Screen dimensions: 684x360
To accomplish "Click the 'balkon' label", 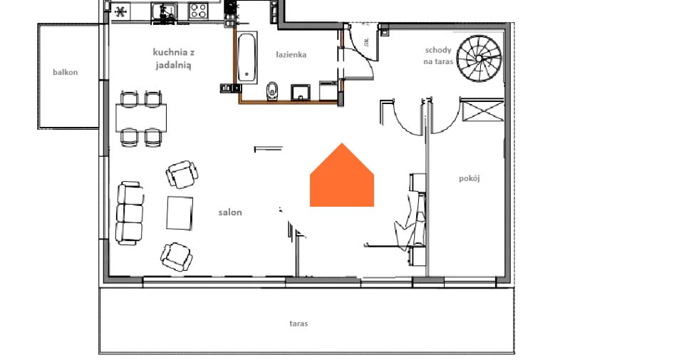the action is pyautogui.click(x=66, y=73).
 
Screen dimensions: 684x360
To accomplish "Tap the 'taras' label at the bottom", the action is pyautogui.click(x=299, y=324).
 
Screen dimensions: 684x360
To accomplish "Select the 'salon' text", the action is pyautogui.click(x=230, y=212).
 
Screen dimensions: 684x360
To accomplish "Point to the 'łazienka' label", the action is pyautogui.click(x=291, y=55).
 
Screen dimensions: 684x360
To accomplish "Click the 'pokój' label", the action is pyautogui.click(x=470, y=178).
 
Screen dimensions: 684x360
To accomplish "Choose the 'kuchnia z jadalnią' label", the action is pyautogui.click(x=173, y=58).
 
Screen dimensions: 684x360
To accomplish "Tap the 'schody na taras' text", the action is pyautogui.click(x=438, y=56).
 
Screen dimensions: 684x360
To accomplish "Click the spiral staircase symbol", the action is pyautogui.click(x=479, y=58).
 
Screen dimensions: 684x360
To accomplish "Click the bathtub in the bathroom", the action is pyautogui.click(x=247, y=57).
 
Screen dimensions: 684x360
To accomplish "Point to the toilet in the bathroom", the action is pyautogui.click(x=272, y=91).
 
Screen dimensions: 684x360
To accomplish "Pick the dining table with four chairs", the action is pyautogui.click(x=141, y=118).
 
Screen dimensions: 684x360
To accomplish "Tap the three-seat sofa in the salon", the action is pyautogui.click(x=130, y=213).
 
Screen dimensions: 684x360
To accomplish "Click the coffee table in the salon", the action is pyautogui.click(x=180, y=213).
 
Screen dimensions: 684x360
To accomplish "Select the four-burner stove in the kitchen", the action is pyautogui.click(x=199, y=11).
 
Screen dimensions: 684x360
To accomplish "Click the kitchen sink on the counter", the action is pyautogui.click(x=165, y=11).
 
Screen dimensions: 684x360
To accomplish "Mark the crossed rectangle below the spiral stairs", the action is pyautogui.click(x=482, y=110).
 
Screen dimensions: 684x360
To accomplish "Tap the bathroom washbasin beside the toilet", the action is pyautogui.click(x=301, y=93).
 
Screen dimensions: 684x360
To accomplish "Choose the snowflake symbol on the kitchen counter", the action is pyautogui.click(x=121, y=11).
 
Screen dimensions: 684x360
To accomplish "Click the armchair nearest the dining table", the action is pyautogui.click(x=182, y=174).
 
